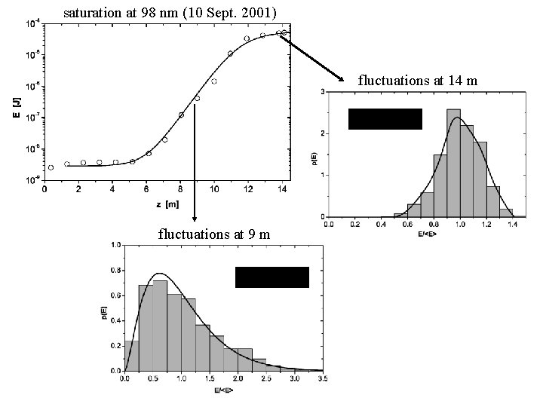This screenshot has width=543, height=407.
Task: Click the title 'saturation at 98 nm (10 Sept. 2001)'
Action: click(x=175, y=13)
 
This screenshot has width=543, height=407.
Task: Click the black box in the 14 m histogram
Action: click(x=385, y=119)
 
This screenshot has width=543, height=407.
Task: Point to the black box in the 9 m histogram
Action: click(x=272, y=277)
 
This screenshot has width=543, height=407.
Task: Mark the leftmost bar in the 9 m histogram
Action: click(x=131, y=356)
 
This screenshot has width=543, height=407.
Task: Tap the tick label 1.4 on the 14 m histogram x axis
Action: click(x=512, y=224)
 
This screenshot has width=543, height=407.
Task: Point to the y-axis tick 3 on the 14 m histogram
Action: click(x=323, y=92)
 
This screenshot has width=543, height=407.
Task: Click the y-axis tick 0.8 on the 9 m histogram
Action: click(x=115, y=270)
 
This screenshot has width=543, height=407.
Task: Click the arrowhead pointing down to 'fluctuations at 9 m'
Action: click(x=195, y=218)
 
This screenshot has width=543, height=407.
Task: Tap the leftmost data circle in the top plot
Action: click(x=51, y=167)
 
